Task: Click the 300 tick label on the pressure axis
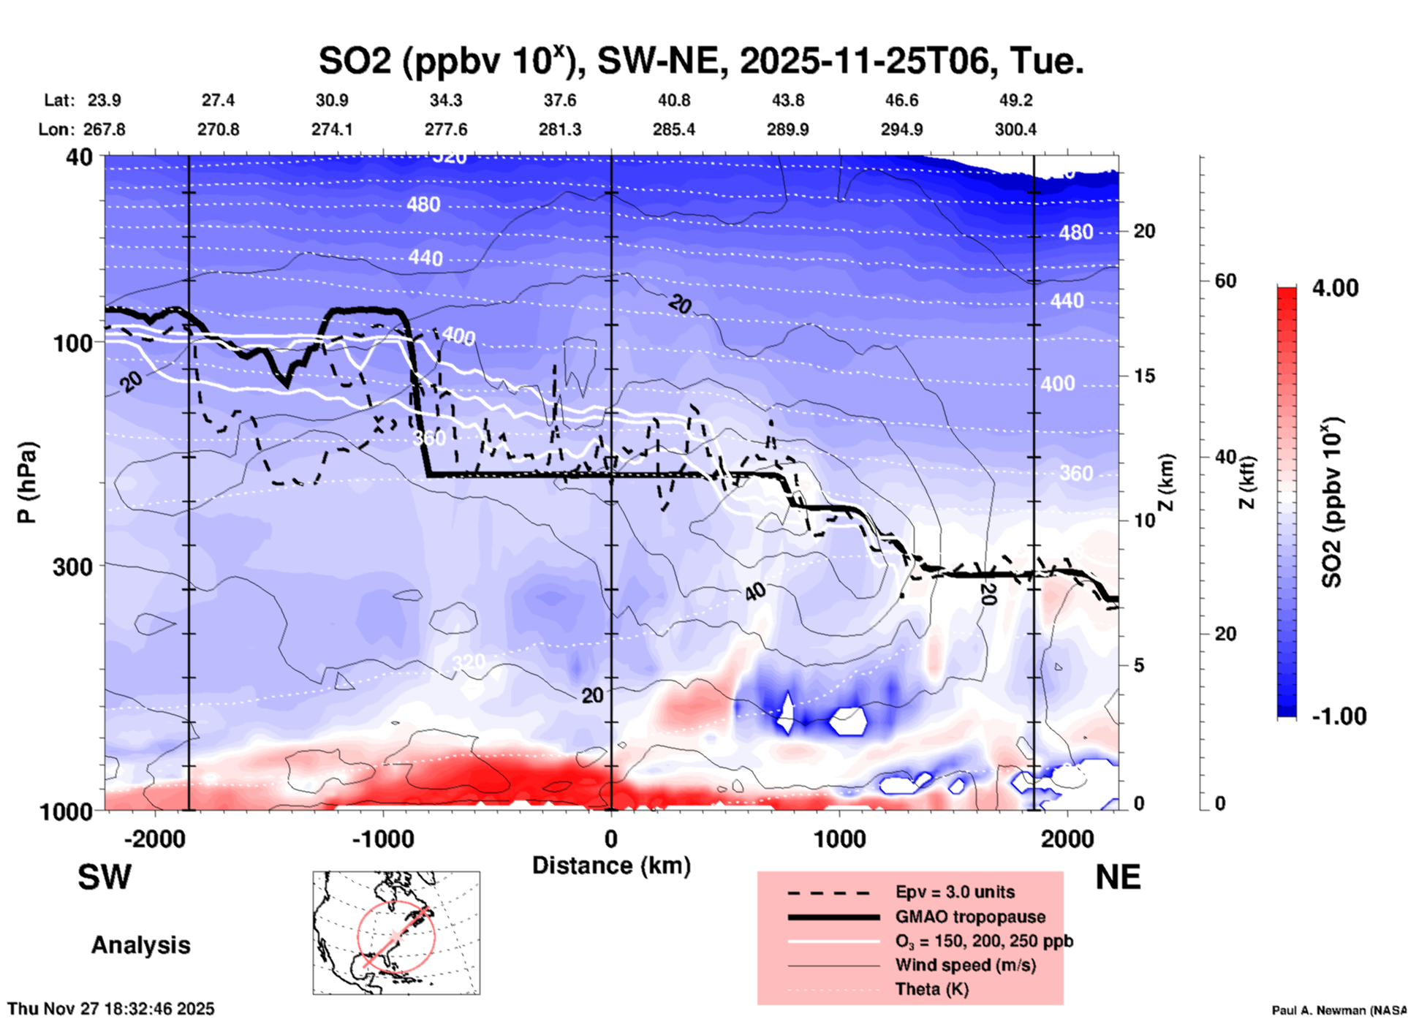coord(72,567)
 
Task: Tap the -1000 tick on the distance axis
coord(382,838)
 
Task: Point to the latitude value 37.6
coord(559,100)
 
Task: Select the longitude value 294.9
coord(901,129)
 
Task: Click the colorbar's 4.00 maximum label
coord(1335,287)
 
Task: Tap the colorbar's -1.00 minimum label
coord(1339,716)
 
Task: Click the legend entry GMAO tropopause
coord(969,917)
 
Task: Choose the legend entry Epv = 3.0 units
coord(954,892)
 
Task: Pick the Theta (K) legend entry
coord(931,989)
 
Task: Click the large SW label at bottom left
coord(105,877)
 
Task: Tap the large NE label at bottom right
coord(1118,877)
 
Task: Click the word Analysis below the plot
coord(140,944)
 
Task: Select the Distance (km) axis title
coord(611,865)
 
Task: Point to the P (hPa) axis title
coord(27,482)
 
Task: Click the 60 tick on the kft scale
coord(1225,281)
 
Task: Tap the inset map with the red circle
coord(396,932)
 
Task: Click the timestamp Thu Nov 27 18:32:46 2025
coord(111,1009)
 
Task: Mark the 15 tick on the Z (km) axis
coord(1144,376)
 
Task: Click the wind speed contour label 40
coord(755,591)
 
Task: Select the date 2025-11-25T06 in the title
coord(863,61)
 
